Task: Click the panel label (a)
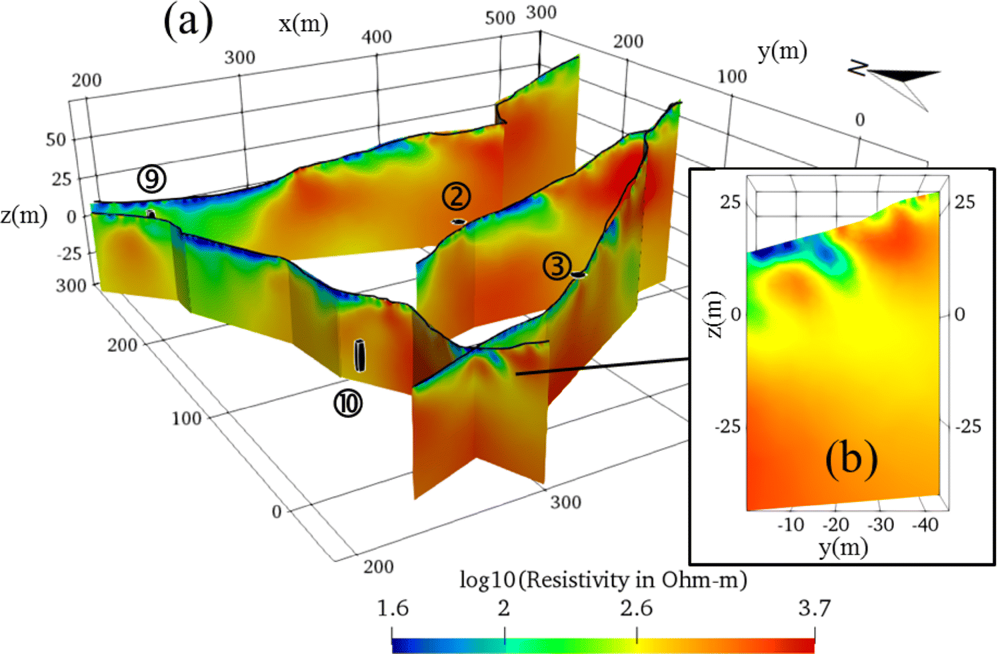pyautogui.click(x=188, y=23)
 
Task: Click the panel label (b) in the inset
pyautogui.click(x=851, y=459)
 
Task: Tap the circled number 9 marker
pyautogui.click(x=152, y=179)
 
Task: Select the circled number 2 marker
pyautogui.click(x=456, y=197)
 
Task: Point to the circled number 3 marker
pyautogui.click(x=557, y=266)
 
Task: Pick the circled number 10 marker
pyautogui.click(x=348, y=403)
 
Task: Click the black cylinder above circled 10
pyautogui.click(x=360, y=355)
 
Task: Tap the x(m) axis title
pyautogui.click(x=303, y=25)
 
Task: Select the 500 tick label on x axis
pyautogui.click(x=500, y=18)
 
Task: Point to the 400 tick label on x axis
pyautogui.click(x=377, y=37)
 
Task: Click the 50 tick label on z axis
pyautogui.click(x=56, y=140)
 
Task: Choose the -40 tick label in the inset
pyautogui.click(x=925, y=525)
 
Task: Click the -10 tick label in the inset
pyautogui.click(x=791, y=525)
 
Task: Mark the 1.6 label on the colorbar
pyautogui.click(x=393, y=609)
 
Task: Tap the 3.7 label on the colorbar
pyautogui.click(x=814, y=609)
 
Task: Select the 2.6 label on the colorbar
pyautogui.click(x=636, y=609)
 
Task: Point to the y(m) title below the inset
pyautogui.click(x=843, y=548)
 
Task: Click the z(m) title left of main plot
pyautogui.click(x=24, y=216)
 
